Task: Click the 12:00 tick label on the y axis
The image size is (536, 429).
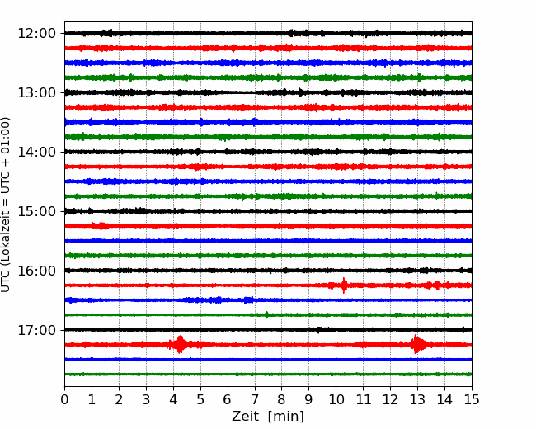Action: coord(36,34)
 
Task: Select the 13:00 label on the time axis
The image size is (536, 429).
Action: coord(36,92)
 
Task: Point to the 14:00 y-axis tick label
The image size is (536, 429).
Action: coord(36,152)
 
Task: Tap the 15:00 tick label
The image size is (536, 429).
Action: coord(36,211)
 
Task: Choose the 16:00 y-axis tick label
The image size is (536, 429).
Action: coord(36,271)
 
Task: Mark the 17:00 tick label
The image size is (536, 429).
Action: coord(36,330)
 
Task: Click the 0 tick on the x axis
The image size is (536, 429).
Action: coord(64,399)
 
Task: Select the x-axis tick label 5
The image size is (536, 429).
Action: coord(200,399)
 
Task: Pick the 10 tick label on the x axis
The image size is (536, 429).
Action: coord(336,399)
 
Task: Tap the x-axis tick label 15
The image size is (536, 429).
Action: coord(472,399)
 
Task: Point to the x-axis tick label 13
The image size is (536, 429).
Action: coord(417,399)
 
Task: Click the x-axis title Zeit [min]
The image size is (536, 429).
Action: coord(268,417)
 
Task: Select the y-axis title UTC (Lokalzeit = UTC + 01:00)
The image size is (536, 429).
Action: coord(6,205)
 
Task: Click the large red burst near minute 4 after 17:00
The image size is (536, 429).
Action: coord(180,344)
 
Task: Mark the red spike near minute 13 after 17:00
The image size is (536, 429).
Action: coord(416,344)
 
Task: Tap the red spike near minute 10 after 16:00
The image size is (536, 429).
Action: coord(344,285)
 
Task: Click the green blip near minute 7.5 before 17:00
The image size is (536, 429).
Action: coord(266,314)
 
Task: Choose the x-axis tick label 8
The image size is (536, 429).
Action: coord(282,399)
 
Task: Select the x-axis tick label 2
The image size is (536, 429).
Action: coord(119,399)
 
